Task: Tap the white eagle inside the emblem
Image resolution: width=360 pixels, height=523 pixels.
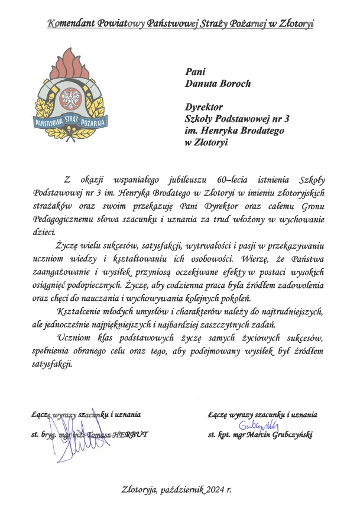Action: (74, 96)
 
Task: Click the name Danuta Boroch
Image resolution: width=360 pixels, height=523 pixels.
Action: (210, 83)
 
